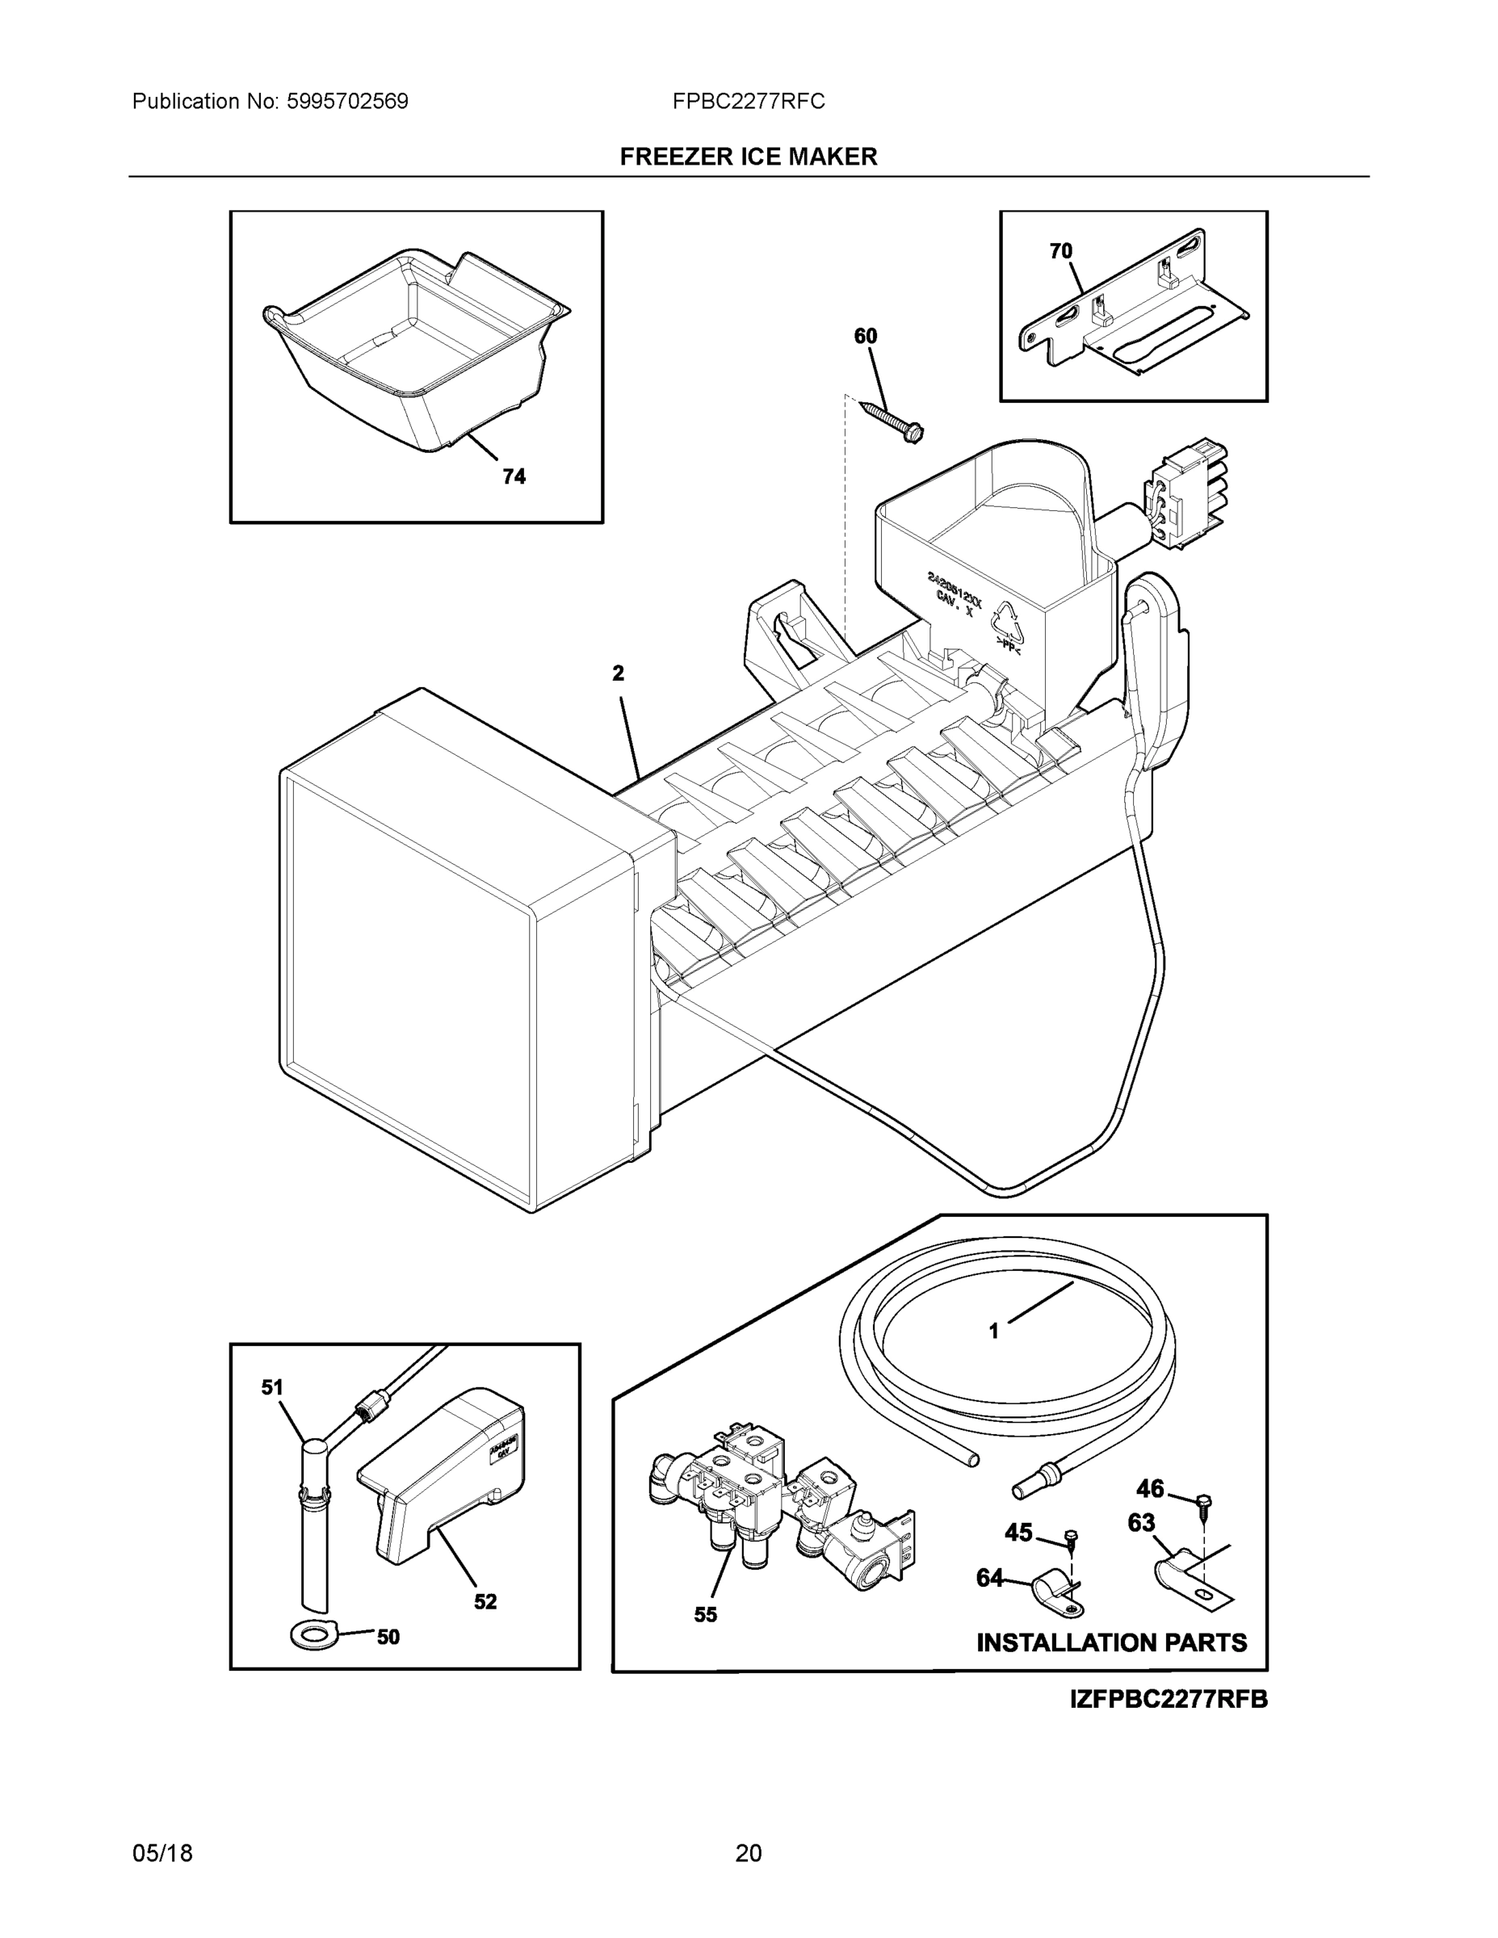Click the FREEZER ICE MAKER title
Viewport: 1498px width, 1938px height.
click(x=748, y=157)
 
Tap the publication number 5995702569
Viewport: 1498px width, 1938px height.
click(x=347, y=102)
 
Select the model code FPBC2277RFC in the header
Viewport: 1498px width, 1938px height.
click(x=748, y=102)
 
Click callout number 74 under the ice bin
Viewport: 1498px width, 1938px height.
click(x=514, y=477)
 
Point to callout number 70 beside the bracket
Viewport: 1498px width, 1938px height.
click(x=1060, y=251)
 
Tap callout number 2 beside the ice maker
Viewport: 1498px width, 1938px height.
click(x=618, y=673)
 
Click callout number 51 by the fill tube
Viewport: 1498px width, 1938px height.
click(x=271, y=1387)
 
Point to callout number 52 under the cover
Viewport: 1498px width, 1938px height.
click(x=485, y=1602)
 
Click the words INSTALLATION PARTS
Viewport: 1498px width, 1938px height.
click(x=1111, y=1642)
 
